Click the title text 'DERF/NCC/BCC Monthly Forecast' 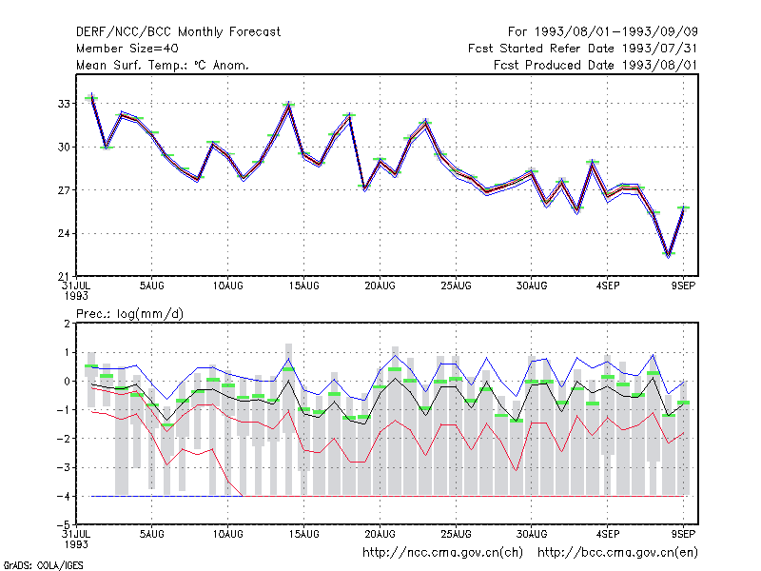pos(178,32)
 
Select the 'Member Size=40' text pos(127,49)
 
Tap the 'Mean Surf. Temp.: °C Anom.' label pos(163,65)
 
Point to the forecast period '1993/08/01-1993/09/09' pos(615,32)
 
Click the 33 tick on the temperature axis pos(64,104)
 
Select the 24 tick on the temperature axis pos(64,233)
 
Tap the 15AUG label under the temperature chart pos(303,286)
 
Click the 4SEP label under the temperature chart pos(608,286)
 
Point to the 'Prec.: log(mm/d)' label pos(129,314)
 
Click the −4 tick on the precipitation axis pos(64,496)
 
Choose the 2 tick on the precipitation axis pos(67,324)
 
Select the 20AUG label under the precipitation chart pos(380,534)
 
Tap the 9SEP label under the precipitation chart pos(683,534)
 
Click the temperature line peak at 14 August pos(289,105)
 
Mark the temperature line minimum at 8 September pos(669,254)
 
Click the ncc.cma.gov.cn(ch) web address pos(442,553)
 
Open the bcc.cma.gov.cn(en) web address pos(617,553)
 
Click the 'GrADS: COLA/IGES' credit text pos(43,565)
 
